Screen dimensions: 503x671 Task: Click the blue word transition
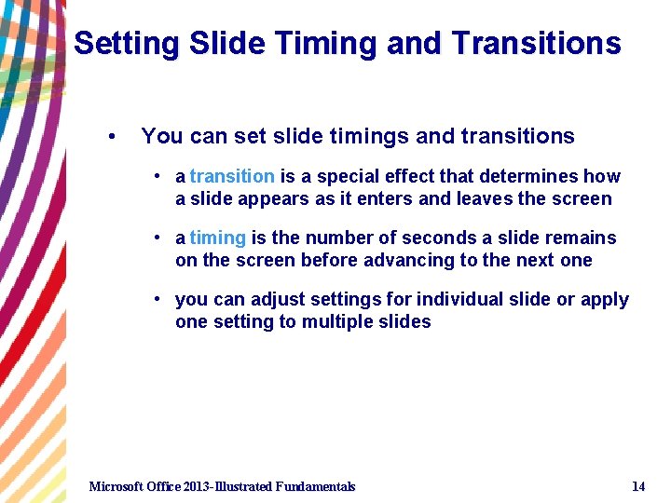(x=231, y=176)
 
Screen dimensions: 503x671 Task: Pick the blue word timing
(x=217, y=238)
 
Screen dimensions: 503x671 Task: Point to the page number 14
(x=638, y=486)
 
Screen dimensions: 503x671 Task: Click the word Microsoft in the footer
(x=118, y=486)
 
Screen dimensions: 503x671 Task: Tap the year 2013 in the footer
(x=197, y=486)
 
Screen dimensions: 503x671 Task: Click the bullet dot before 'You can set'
(x=111, y=137)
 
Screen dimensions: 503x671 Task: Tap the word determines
(x=529, y=176)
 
